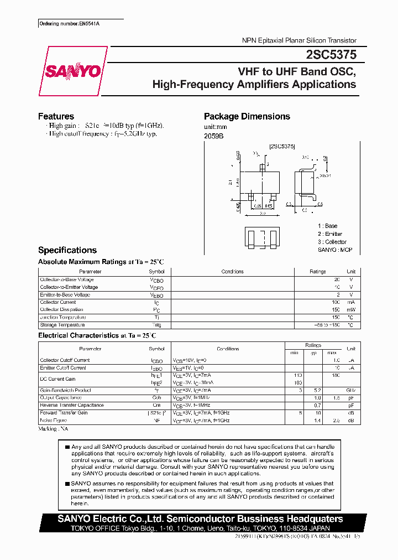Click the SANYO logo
click(73, 71)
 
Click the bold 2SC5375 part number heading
click(331, 55)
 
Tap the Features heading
click(56, 116)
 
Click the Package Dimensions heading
click(247, 116)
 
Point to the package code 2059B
click(213, 136)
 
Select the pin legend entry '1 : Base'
click(327, 226)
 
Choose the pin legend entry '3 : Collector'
click(332, 242)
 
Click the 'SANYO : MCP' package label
click(334, 250)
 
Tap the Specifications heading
click(67, 250)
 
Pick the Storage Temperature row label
click(62, 325)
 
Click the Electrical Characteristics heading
click(78, 335)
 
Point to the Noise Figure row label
click(54, 421)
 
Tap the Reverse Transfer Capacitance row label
click(72, 405)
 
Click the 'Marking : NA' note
click(53, 429)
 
